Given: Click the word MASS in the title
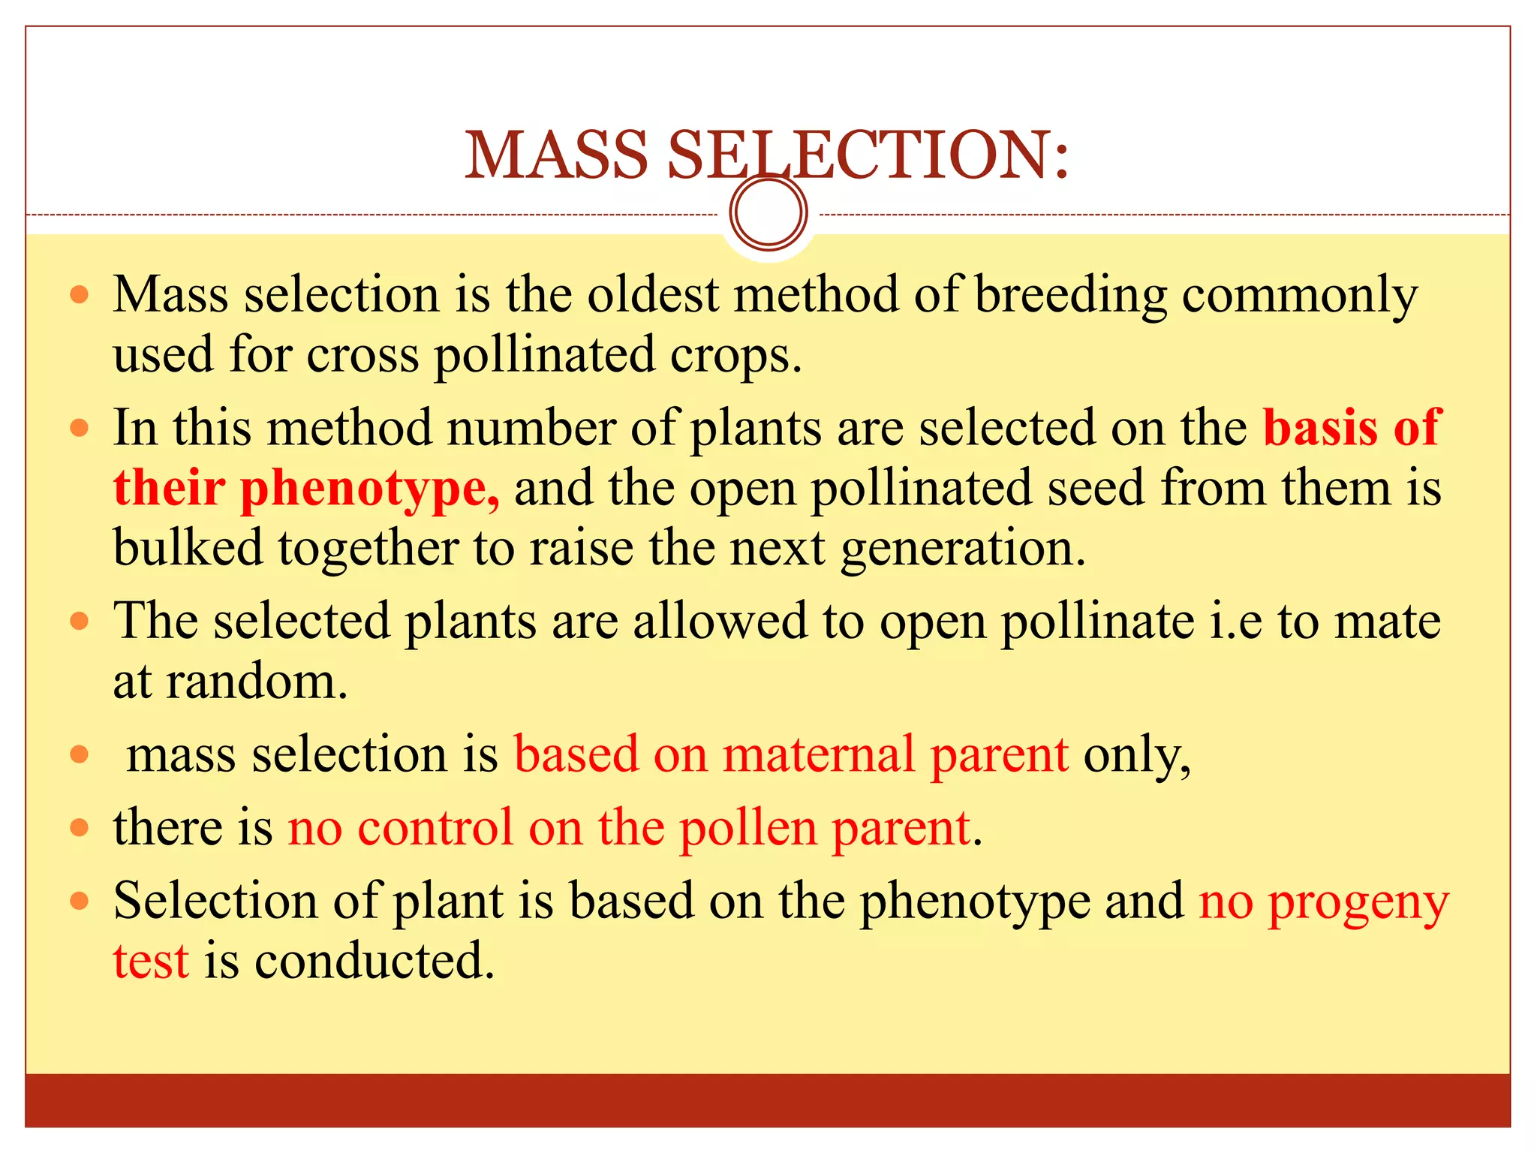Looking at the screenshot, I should click(x=556, y=155).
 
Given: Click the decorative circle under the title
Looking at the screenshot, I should click(x=768, y=212).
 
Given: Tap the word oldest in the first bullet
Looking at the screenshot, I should click(x=653, y=294).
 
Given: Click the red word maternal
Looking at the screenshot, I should click(x=818, y=754).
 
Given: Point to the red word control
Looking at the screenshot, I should click(x=435, y=828).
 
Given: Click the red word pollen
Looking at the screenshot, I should click(x=747, y=828).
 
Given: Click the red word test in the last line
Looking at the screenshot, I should click(x=150, y=962).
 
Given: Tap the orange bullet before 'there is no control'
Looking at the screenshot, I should click(x=80, y=828).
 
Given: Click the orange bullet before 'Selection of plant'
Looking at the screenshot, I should click(x=80, y=900).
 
